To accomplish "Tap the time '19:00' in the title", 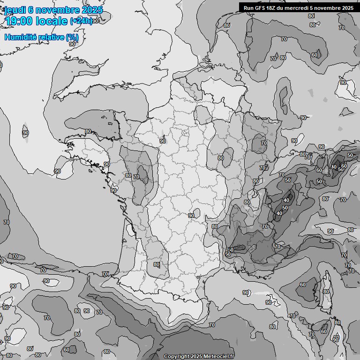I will (x=19, y=21).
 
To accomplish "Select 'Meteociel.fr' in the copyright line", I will (x=218, y=357).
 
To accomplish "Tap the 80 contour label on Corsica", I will (x=326, y=292).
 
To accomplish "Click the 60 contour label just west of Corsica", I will (x=303, y=285).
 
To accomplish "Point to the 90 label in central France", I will (x=191, y=216).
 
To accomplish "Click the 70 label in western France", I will (x=136, y=177).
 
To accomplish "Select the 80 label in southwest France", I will (x=157, y=264).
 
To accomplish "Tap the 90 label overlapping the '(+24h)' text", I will (x=96, y=21).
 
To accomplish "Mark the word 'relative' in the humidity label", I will (x=51, y=37).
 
